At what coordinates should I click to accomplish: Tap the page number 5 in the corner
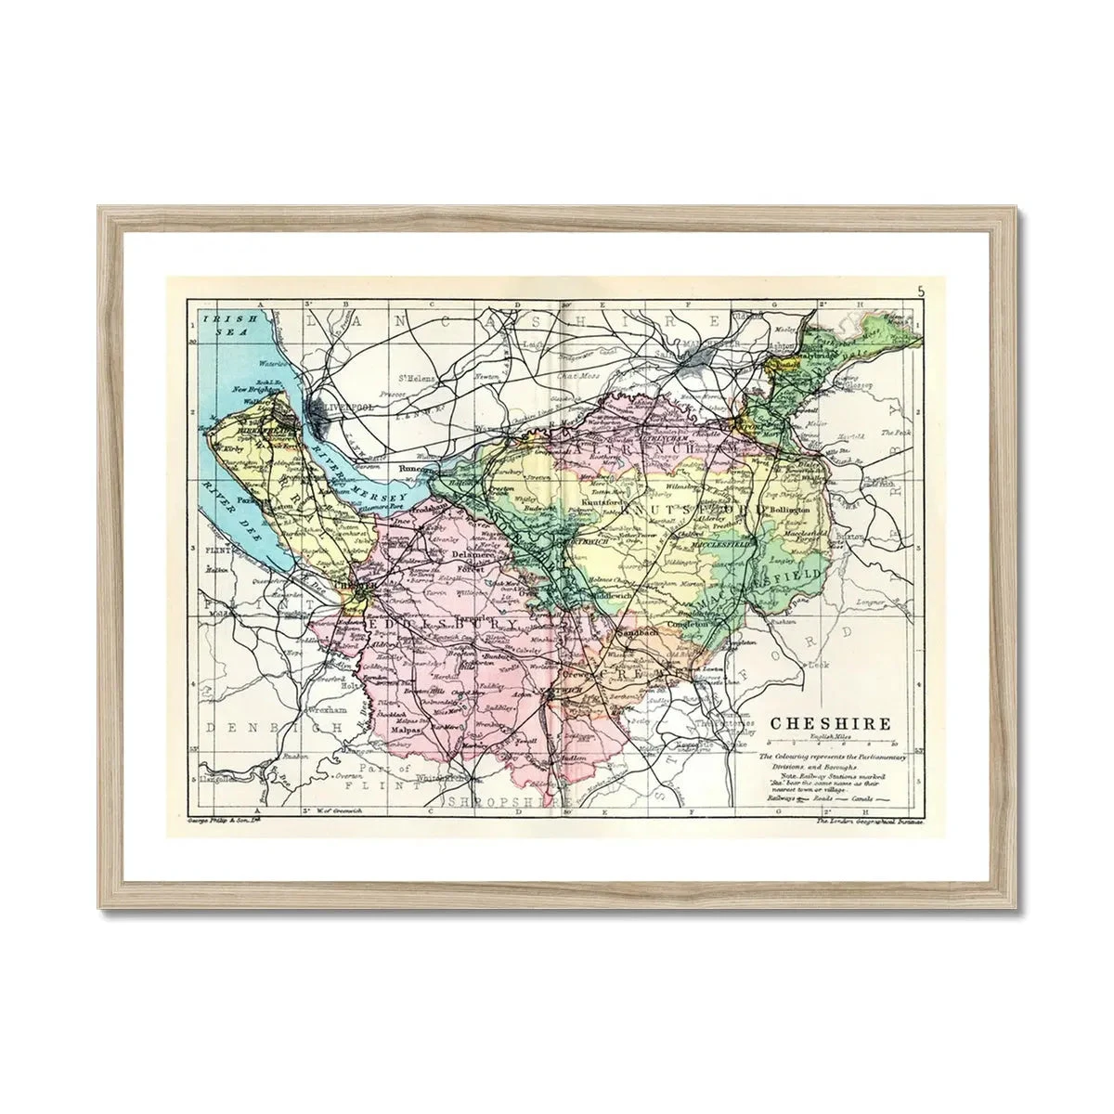pyautogui.click(x=920, y=292)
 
